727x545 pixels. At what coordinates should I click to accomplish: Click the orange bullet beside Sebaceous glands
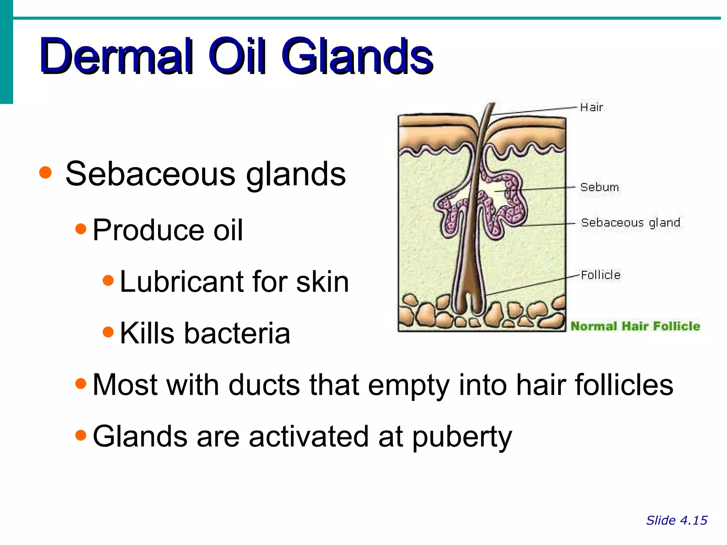point(45,173)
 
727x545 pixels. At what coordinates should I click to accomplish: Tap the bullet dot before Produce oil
point(81,229)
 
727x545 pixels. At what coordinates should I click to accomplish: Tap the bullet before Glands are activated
point(81,435)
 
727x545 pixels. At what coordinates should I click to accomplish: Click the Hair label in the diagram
point(591,107)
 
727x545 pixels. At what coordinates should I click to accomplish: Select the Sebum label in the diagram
point(600,187)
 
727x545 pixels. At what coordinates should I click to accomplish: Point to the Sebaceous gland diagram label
point(630,222)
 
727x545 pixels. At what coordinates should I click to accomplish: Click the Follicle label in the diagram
point(601,275)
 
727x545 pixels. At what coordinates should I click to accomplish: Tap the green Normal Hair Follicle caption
point(635,326)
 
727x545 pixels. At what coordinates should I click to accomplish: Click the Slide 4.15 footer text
point(677,521)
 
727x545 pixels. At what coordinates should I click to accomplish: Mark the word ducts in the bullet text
point(264,385)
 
